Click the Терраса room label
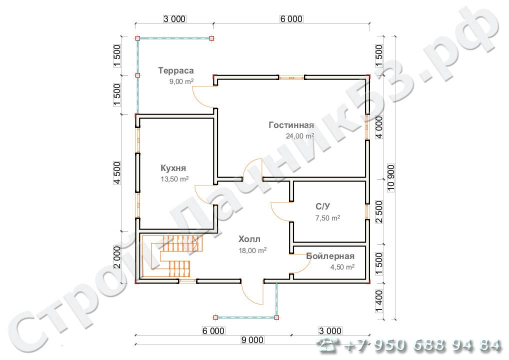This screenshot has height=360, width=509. [x=175, y=71]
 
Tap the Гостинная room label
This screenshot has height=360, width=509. [x=291, y=125]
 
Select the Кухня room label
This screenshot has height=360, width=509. [x=173, y=168]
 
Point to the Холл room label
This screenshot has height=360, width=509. [x=249, y=239]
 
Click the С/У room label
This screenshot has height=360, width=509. [x=322, y=206]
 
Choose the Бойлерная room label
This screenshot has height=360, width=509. [x=330, y=256]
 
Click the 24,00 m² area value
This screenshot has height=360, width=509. [x=299, y=136]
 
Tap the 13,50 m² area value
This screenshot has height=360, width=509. [x=174, y=179]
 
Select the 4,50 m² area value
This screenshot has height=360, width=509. [x=342, y=267]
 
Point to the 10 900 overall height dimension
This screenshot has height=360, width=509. [x=391, y=177]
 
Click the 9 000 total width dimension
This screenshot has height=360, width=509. [x=252, y=340]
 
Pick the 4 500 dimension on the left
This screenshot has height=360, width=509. [x=117, y=172]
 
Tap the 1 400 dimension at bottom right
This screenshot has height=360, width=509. [x=379, y=301]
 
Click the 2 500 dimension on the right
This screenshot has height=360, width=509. [x=379, y=211]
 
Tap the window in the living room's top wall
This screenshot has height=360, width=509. [x=291, y=77]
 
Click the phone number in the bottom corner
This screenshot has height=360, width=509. [x=409, y=345]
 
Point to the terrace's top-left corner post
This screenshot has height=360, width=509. [x=137, y=38]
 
